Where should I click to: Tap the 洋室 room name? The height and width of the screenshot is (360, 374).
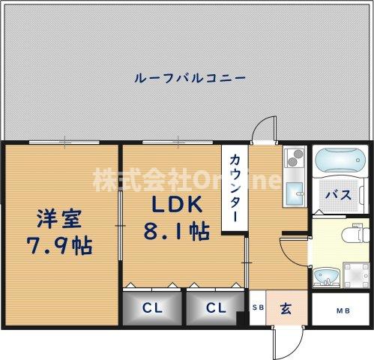click(61, 221)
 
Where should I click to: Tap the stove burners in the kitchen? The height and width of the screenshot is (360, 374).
click(293, 159)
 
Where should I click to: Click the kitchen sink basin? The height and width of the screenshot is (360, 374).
click(293, 190)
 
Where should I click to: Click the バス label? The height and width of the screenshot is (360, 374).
click(338, 195)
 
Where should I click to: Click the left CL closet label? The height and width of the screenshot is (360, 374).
click(151, 308)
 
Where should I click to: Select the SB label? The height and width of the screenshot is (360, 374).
click(258, 307)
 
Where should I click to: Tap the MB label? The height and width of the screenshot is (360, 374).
click(342, 309)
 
